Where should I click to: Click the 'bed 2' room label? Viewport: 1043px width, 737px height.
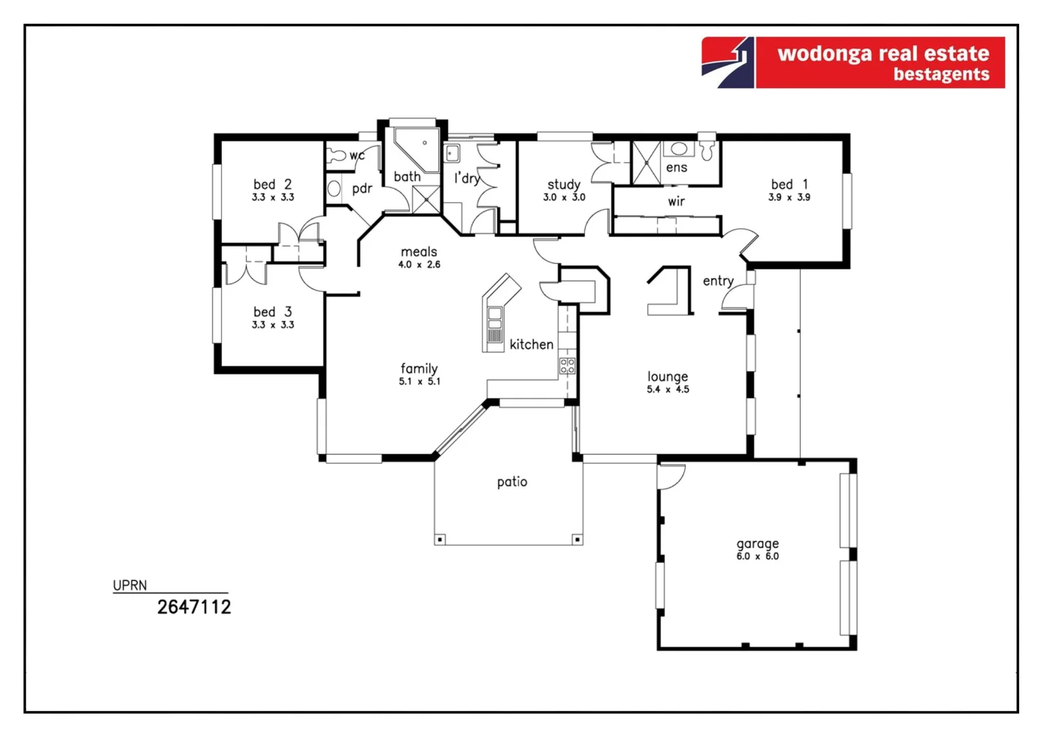tap(272, 184)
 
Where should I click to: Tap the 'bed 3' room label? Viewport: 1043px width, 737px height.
tap(272, 312)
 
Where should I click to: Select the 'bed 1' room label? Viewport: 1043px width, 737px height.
tap(789, 184)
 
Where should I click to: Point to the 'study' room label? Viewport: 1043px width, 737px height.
tap(564, 184)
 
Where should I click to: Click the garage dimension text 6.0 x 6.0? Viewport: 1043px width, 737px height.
tap(757, 557)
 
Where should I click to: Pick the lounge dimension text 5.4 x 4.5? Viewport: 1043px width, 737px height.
tap(668, 390)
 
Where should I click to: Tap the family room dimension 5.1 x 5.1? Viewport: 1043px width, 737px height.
tap(419, 381)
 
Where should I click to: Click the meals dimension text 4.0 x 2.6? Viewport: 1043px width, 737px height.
tap(419, 265)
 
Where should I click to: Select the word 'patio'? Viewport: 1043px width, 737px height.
tap(512, 482)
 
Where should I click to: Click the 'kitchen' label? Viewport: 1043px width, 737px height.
tap(531, 345)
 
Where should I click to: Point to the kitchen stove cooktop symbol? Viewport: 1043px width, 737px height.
tap(567, 366)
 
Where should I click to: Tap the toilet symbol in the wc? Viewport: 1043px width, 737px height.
tap(337, 156)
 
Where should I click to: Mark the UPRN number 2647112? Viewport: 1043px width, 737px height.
tap(194, 607)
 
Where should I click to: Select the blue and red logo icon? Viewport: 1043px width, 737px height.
tap(728, 63)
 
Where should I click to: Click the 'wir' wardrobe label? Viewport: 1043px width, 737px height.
tap(676, 201)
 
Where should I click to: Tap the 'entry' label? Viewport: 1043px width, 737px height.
tap(718, 280)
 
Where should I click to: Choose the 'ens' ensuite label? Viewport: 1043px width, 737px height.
tap(676, 167)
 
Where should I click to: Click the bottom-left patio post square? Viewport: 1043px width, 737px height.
tap(440, 540)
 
